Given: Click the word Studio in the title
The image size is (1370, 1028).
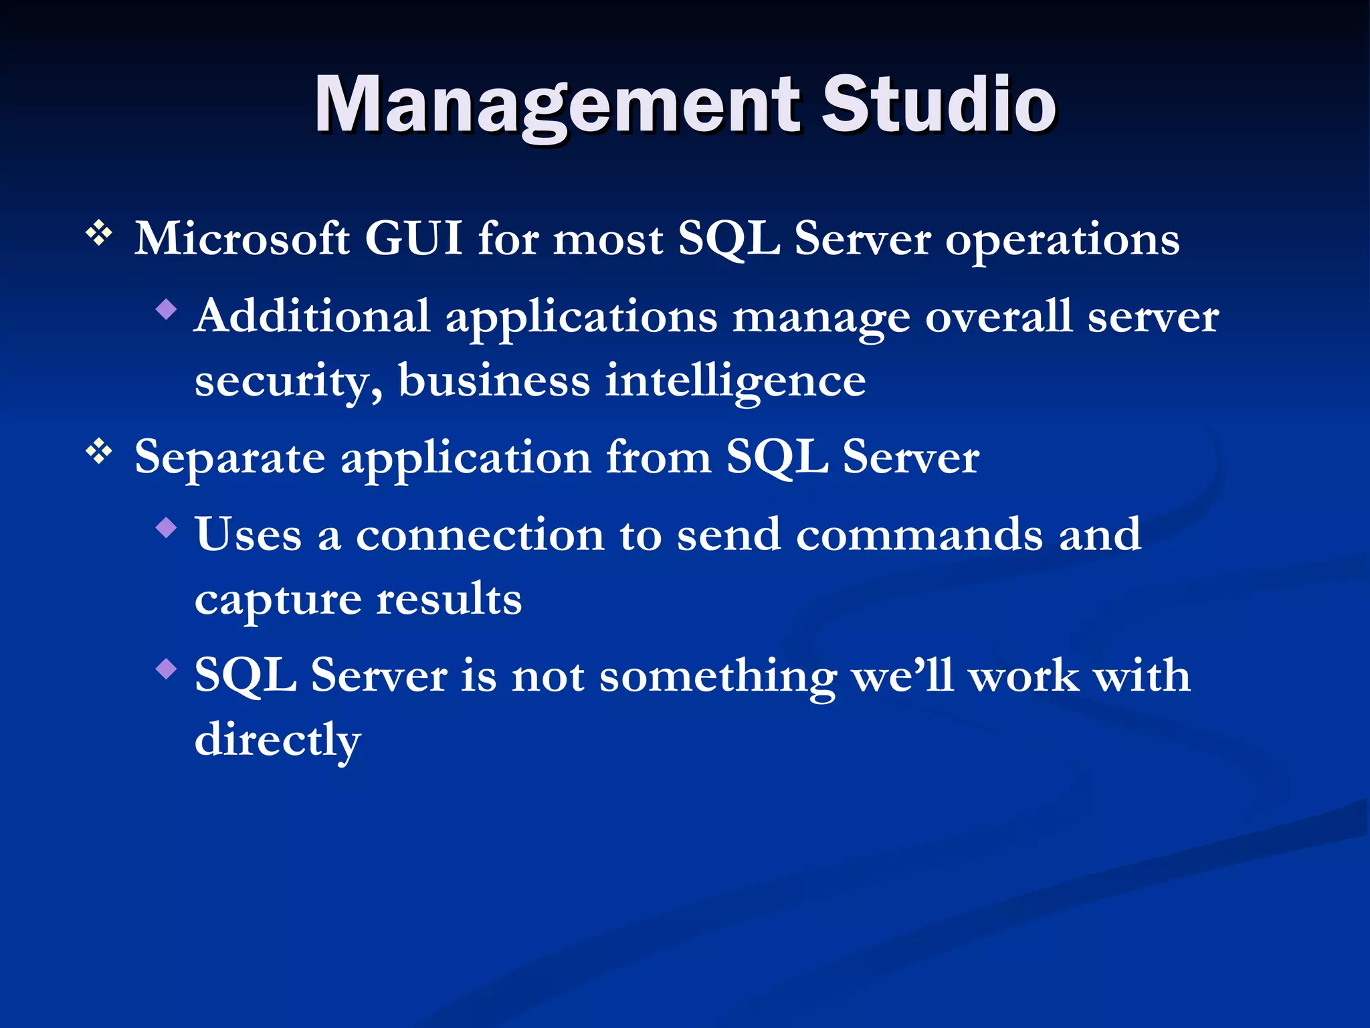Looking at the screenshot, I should [x=938, y=104].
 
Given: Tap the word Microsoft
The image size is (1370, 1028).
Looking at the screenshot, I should [x=241, y=239].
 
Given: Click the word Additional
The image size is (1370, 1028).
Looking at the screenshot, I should [x=312, y=316].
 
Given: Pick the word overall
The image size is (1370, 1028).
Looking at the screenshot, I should [x=998, y=316].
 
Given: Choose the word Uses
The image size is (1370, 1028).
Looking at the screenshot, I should [x=248, y=535].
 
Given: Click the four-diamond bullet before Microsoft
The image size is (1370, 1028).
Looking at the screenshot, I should [x=99, y=234].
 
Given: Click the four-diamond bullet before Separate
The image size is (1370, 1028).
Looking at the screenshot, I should [x=99, y=452].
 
